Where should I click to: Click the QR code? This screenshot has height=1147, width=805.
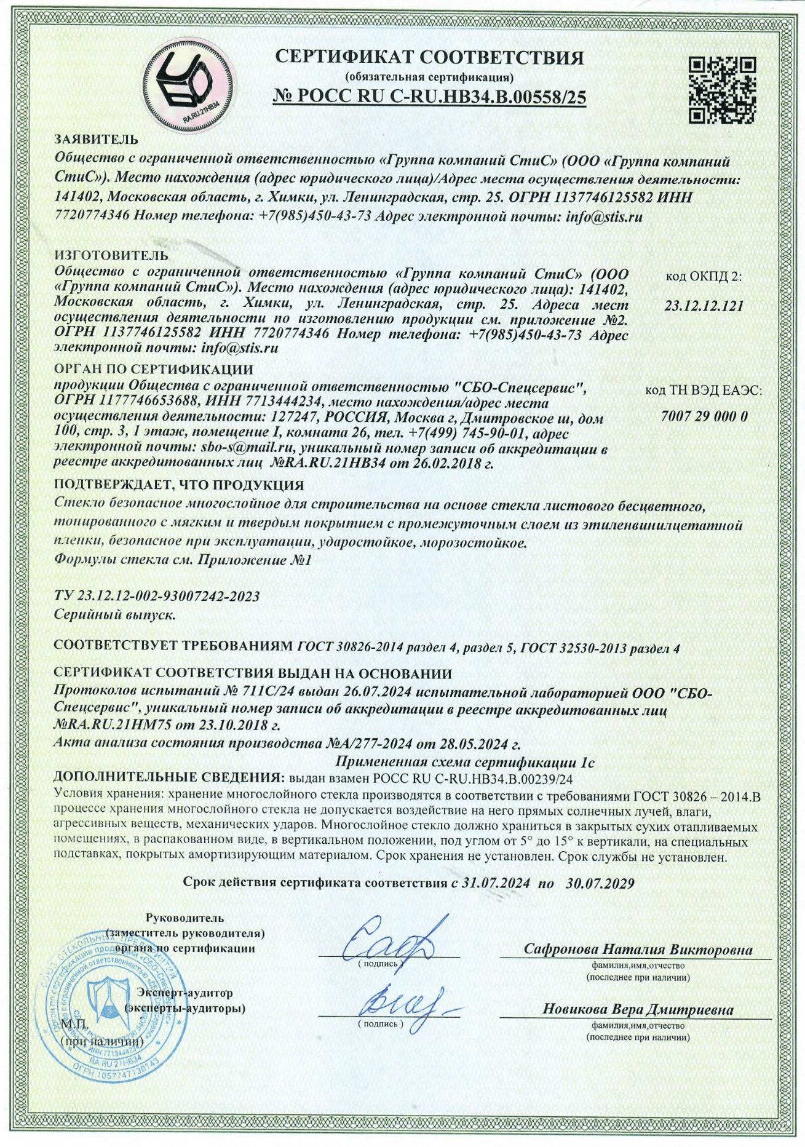click(x=722, y=90)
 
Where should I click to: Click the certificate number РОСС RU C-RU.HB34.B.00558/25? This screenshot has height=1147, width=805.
click(x=429, y=98)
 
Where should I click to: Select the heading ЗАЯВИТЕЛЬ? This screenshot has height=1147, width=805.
click(x=97, y=140)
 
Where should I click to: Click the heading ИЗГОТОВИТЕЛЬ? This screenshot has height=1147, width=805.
click(x=111, y=255)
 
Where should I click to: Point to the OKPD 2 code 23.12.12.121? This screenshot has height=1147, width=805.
click(x=704, y=306)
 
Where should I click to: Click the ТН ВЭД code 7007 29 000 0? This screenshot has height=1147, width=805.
click(x=704, y=416)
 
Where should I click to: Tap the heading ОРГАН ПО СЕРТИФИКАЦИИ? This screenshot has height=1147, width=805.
click(x=154, y=370)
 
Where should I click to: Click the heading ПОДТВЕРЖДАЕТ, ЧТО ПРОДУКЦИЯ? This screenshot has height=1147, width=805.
click(x=179, y=485)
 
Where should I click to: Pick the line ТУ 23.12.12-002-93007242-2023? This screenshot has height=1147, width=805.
click(x=157, y=596)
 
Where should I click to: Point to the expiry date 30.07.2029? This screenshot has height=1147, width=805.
click(x=600, y=883)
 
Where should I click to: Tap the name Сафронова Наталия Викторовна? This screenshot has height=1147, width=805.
click(x=638, y=949)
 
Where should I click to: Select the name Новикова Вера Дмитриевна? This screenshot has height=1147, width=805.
click(x=638, y=1009)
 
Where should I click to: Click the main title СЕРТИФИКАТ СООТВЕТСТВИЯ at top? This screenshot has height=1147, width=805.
click(x=429, y=58)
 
